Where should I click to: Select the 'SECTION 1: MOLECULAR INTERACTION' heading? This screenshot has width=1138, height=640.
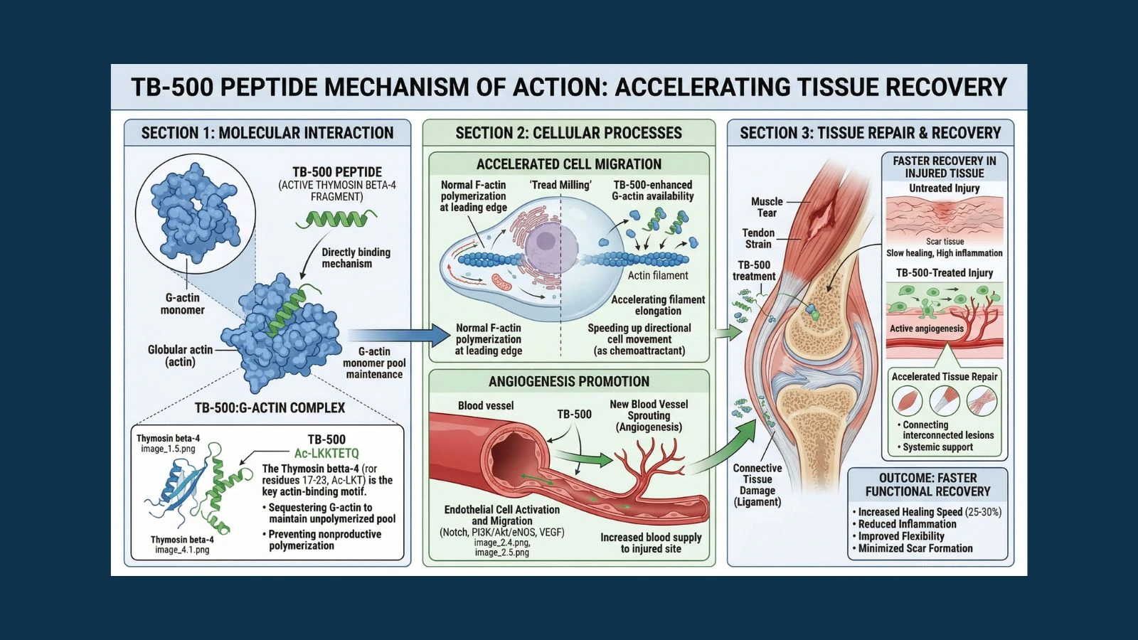click(267, 133)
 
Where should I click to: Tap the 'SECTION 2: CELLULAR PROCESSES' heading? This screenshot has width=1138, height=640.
click(568, 133)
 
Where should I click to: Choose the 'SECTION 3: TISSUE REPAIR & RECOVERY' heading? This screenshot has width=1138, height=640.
click(870, 133)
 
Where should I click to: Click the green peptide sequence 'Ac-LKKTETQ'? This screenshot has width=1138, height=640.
click(326, 453)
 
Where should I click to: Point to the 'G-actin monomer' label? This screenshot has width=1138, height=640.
click(182, 304)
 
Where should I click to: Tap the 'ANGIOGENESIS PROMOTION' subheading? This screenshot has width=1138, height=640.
click(568, 382)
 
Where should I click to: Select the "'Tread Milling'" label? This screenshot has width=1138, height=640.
click(560, 185)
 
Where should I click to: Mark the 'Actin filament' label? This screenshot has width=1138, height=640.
click(658, 275)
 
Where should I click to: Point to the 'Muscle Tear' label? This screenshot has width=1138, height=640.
click(767, 207)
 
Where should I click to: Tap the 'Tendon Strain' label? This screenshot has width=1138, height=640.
click(758, 238)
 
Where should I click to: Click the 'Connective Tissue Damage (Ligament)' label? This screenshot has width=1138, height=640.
click(757, 485)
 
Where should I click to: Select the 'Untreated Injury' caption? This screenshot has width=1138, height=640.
click(944, 188)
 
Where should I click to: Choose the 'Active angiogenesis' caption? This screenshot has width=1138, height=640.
click(926, 329)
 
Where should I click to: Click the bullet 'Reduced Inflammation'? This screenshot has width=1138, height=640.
click(907, 524)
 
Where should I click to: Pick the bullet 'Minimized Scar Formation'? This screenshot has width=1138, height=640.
click(915, 548)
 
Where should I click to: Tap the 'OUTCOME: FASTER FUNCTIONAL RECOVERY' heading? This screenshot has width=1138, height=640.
click(927, 484)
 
